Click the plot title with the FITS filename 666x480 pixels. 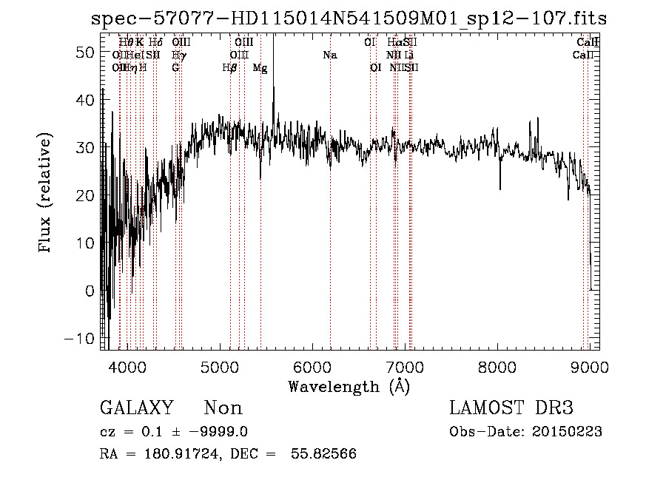[x=348, y=18]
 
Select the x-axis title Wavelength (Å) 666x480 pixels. [x=349, y=386]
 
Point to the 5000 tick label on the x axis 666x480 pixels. [x=219, y=366]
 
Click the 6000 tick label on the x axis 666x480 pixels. [x=312, y=366]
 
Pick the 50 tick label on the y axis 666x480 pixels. [x=87, y=53]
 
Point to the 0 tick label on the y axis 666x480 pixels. [x=90, y=291]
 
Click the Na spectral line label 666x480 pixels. [x=330, y=55]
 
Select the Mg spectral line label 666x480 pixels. [x=260, y=68]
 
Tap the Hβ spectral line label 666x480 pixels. [x=230, y=68]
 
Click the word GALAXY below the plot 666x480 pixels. [x=137, y=408]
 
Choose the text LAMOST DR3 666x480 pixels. [x=511, y=408]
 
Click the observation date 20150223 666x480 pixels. [x=570, y=432]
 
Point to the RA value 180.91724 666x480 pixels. [x=184, y=454]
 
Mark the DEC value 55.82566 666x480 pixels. [x=325, y=454]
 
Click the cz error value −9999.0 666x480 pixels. [x=240, y=432]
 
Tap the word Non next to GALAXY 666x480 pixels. [x=223, y=408]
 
